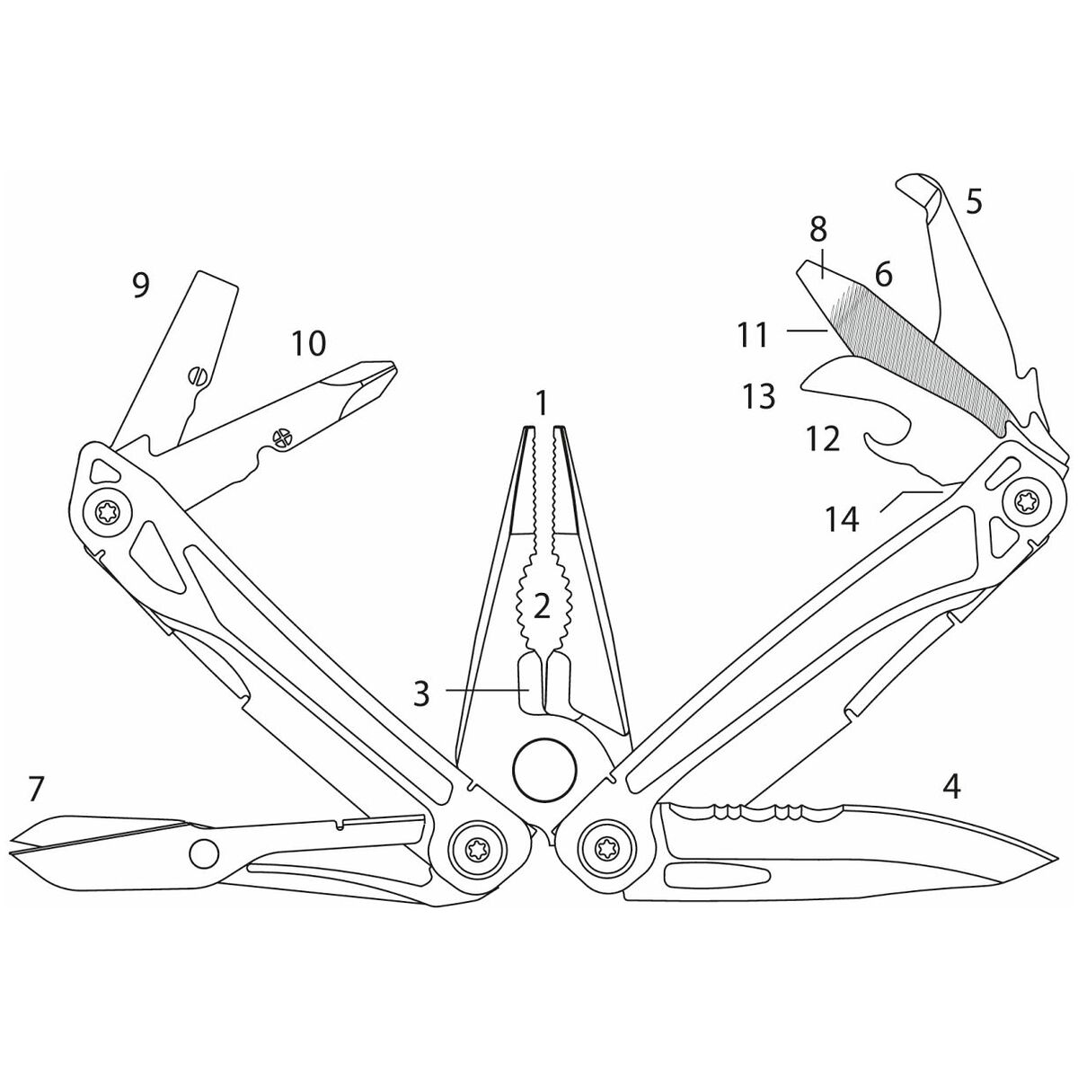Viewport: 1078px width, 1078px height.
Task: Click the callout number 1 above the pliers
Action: pos(541,404)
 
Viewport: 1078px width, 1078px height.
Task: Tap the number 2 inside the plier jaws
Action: pos(542,607)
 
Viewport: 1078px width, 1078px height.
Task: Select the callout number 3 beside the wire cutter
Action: pos(421,694)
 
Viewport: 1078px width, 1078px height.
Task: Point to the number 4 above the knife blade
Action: pos(951,787)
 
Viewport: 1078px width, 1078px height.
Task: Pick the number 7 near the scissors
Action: pos(35,789)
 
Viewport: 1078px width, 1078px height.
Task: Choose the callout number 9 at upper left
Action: pos(140,286)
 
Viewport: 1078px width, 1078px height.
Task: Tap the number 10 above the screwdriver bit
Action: pos(308,343)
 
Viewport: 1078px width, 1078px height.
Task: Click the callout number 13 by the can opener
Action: pos(760,396)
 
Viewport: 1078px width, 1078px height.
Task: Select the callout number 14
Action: pos(843,520)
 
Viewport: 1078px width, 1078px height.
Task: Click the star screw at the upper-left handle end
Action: pos(106,511)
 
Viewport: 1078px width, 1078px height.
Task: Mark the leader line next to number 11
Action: pos(807,331)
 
